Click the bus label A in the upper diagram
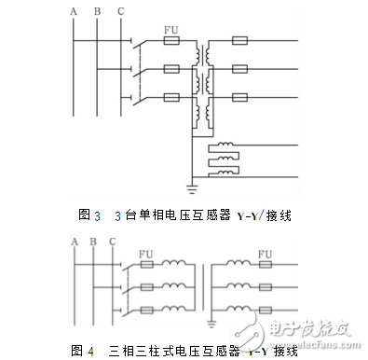[73, 10]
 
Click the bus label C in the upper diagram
[118, 10]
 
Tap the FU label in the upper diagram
[170, 30]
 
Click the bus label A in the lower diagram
[73, 243]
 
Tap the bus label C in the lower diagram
[112, 243]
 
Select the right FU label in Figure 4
[264, 253]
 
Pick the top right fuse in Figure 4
[265, 265]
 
